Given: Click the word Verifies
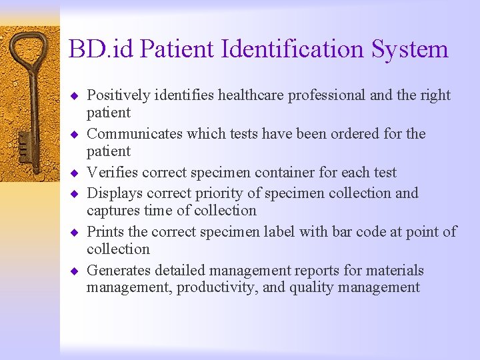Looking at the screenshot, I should [109, 173].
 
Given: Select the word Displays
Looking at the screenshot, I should [112, 193].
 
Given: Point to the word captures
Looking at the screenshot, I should [111, 211].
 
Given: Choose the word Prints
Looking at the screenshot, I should [105, 232].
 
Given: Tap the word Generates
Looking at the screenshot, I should [119, 271].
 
